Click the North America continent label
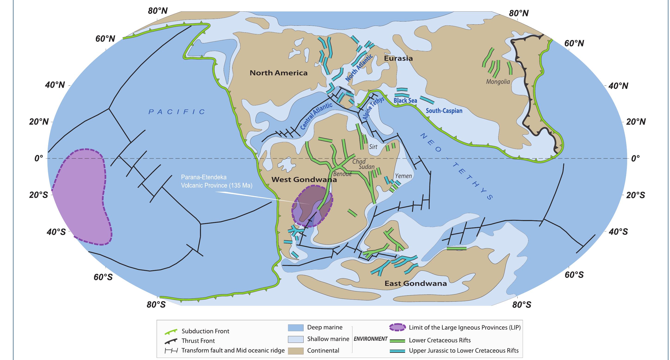point(279,73)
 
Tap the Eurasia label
point(398,58)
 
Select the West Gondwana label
point(304,180)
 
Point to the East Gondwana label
point(416,283)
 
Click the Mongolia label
point(498,82)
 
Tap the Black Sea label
point(405,101)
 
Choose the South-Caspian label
point(444,111)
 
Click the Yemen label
point(403,176)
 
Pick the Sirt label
point(373,147)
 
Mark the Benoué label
point(342,174)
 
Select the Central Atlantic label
point(316,116)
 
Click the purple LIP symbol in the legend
point(397,327)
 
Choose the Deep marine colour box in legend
point(295,328)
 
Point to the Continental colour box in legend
point(295,351)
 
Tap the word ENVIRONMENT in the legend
point(370,339)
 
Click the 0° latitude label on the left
point(39,158)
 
